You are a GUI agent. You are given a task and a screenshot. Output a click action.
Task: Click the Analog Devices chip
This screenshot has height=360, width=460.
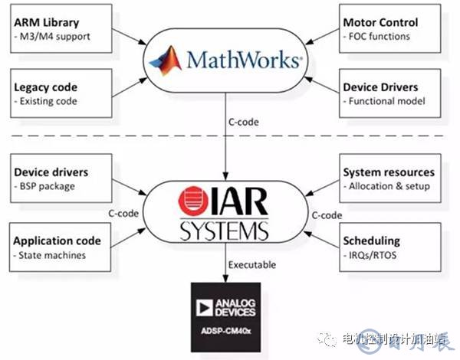[230, 314]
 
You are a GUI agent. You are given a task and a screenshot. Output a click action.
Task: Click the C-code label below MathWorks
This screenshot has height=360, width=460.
[245, 123]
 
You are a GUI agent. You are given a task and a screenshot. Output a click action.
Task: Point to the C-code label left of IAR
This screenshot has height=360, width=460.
[123, 214]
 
